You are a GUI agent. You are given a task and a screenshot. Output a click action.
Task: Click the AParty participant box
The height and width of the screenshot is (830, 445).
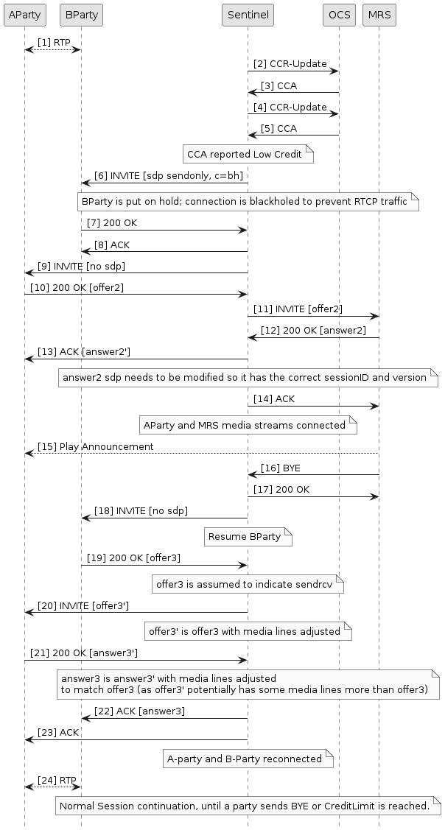click(24, 14)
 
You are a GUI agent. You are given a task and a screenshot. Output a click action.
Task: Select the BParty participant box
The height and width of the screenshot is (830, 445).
click(81, 14)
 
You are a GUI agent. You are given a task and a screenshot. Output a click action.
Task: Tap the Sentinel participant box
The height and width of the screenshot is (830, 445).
click(248, 14)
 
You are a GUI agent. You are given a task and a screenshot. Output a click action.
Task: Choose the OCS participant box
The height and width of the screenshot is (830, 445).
click(338, 14)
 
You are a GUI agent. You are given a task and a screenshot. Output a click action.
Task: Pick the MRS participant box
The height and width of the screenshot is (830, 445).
click(379, 14)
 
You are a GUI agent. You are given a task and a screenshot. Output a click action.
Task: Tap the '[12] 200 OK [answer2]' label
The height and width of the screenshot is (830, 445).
click(313, 331)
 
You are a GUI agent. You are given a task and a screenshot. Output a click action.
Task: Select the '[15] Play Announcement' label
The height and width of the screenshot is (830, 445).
click(96, 446)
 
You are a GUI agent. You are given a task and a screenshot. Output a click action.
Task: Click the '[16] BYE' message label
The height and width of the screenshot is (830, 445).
click(280, 468)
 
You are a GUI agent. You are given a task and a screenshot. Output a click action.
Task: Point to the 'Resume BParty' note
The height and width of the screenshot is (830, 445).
click(248, 537)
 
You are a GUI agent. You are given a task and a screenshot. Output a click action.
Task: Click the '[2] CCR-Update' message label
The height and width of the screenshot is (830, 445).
click(290, 64)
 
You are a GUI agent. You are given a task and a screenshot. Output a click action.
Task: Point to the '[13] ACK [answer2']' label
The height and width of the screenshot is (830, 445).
click(85, 352)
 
